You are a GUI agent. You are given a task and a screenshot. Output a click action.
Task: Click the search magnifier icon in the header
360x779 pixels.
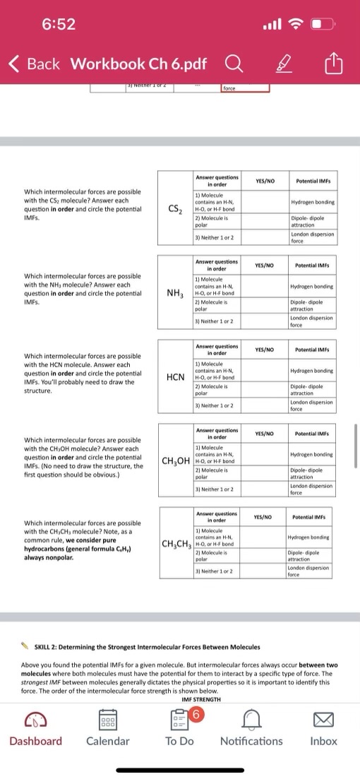232,64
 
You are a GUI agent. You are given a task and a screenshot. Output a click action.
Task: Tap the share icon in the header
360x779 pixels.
333,64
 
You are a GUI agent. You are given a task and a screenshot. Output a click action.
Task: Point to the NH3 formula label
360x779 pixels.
176,292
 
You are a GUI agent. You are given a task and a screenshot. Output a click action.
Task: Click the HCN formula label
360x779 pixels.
176,377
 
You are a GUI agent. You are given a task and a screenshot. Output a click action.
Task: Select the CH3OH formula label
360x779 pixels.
176,463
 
